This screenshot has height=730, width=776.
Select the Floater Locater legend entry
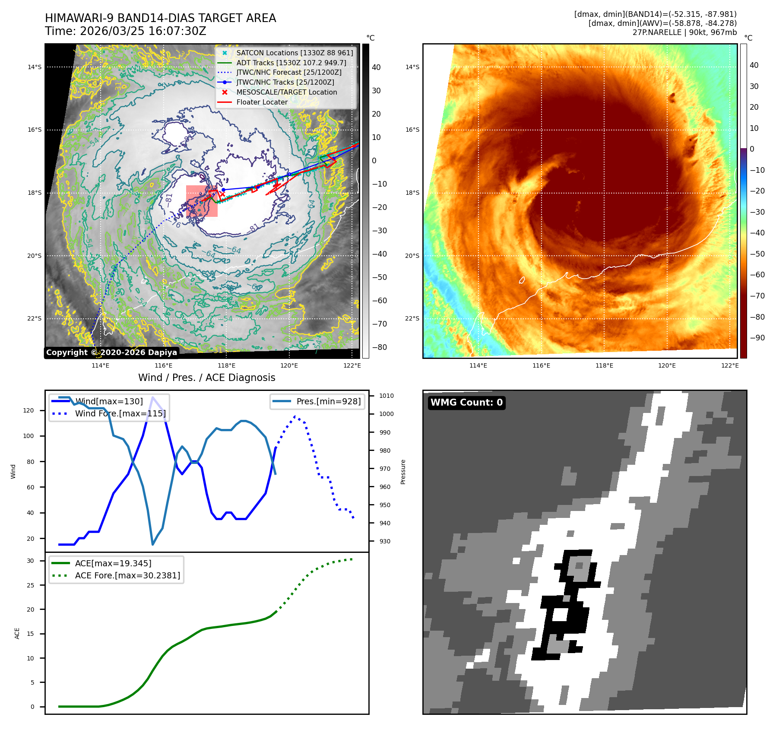(262, 102)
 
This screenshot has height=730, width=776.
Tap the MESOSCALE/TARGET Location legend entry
(286, 92)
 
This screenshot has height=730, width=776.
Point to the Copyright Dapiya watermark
(111, 352)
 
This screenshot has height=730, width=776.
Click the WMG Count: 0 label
(466, 403)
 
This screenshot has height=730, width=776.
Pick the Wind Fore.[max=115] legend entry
(120, 413)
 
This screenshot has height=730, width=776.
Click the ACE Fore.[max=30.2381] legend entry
(127, 575)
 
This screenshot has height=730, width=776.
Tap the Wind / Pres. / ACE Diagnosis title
(206, 378)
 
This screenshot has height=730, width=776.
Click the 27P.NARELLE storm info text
(684, 32)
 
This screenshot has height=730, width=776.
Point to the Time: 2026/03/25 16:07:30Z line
(126, 31)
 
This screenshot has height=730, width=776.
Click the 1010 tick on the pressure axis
(386, 396)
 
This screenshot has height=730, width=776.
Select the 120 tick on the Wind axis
(29, 410)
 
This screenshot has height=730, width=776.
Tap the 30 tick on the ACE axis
(30, 561)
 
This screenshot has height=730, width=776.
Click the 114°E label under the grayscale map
(100, 365)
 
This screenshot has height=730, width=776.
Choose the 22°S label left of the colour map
(412, 318)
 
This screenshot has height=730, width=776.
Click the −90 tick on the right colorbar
(757, 338)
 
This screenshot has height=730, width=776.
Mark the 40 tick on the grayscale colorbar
(376, 67)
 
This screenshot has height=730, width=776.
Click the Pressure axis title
(403, 472)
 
